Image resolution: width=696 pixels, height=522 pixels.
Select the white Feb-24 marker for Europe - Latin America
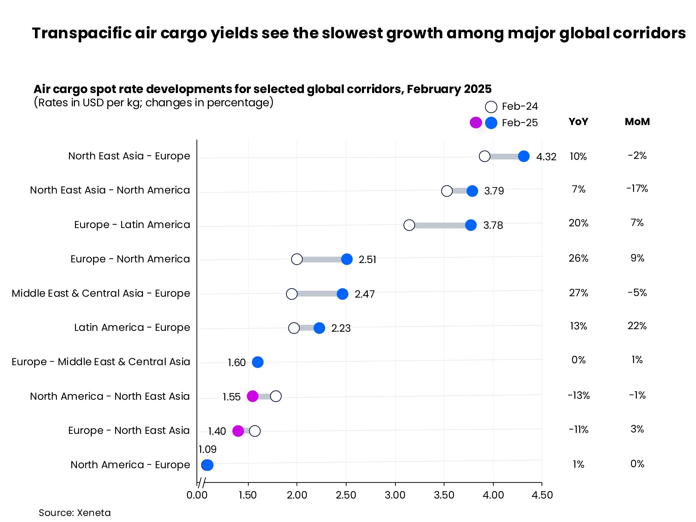pos(409,225)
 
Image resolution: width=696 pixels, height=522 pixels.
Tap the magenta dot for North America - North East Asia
pos(252,396)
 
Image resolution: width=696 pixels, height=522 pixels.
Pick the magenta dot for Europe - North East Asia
pos(238,431)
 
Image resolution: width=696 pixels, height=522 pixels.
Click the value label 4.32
pos(546,157)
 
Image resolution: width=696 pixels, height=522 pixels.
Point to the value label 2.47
pos(364,294)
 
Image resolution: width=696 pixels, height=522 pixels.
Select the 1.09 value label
pos(207,449)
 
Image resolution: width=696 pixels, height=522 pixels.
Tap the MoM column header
pos(637,122)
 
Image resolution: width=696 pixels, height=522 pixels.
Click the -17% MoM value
pos(637,189)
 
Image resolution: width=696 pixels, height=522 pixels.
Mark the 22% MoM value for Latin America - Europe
pos(637,326)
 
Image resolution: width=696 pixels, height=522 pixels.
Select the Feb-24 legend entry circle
pos(491,107)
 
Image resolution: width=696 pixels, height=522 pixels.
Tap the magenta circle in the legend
pos(475,122)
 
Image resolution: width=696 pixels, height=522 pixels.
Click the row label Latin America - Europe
pos(132,328)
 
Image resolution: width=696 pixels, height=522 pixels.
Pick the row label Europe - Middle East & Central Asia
pos(101,362)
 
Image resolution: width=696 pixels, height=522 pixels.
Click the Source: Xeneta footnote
pos(74,513)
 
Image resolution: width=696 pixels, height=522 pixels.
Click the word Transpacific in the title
pos(81,33)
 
